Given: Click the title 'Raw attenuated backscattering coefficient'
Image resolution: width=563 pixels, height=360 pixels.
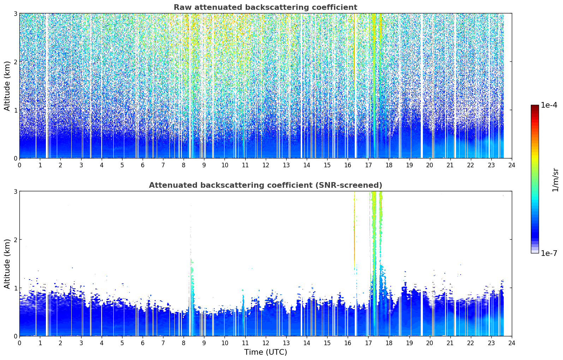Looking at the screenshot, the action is click(x=265, y=7).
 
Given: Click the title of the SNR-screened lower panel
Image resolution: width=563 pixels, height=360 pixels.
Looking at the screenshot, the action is click(x=265, y=185).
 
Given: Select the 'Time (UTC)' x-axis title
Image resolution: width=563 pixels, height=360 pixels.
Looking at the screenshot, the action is click(x=265, y=352).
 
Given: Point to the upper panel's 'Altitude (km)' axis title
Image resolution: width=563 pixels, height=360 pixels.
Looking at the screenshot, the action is click(x=7, y=86).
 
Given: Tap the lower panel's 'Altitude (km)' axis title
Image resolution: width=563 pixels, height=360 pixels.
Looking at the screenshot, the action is click(x=7, y=264).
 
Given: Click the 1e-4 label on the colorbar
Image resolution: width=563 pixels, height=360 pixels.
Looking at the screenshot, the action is click(x=549, y=105).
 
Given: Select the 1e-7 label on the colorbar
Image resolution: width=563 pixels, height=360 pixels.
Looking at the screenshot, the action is click(x=549, y=253).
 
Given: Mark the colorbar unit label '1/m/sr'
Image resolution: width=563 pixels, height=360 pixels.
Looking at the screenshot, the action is click(x=556, y=180).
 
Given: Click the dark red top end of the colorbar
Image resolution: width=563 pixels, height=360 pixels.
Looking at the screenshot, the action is click(x=535, y=106).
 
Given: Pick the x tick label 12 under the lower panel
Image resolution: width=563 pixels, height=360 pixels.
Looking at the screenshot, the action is click(x=266, y=343).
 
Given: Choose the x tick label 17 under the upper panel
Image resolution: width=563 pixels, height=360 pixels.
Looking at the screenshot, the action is click(x=368, y=165).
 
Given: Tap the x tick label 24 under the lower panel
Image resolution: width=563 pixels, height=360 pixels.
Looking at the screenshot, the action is click(x=512, y=343).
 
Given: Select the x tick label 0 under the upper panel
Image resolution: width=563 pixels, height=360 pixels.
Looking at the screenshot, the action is click(x=20, y=165).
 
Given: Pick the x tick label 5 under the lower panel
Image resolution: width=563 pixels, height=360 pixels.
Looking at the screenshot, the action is click(x=122, y=343).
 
